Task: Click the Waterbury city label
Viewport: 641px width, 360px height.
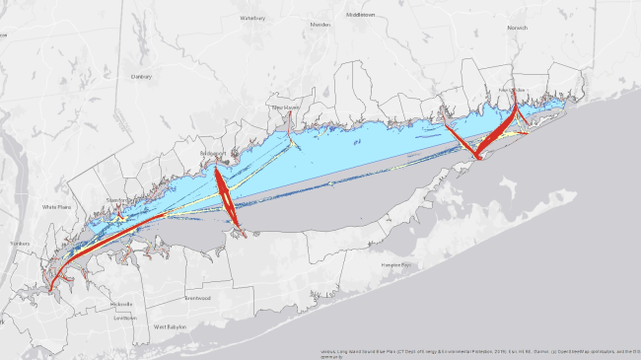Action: (x=252, y=18)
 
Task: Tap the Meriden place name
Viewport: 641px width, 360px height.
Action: (x=320, y=25)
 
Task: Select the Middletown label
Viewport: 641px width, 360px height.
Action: (x=361, y=15)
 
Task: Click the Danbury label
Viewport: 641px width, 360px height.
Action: (x=141, y=76)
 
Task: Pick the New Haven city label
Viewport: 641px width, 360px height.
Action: (x=285, y=107)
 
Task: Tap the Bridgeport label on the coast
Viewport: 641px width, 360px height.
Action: (x=212, y=154)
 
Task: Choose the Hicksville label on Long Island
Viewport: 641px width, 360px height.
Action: (x=121, y=304)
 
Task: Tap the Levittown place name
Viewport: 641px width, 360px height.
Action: (x=124, y=318)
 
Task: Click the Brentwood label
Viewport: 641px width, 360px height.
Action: (x=197, y=298)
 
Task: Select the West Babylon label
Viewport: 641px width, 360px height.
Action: (x=170, y=325)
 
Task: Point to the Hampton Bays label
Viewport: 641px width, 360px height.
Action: (x=395, y=266)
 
